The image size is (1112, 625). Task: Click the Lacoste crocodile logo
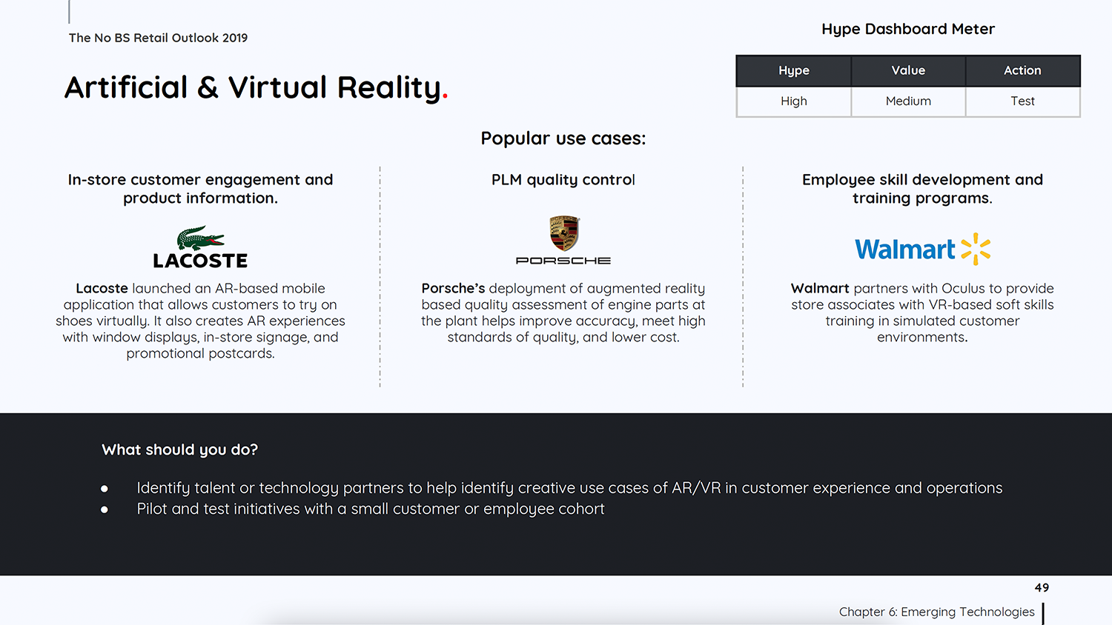point(201,238)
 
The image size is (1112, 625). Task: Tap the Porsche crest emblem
point(564,233)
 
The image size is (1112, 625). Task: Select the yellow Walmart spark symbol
point(976,249)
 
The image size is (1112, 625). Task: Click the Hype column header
point(794,70)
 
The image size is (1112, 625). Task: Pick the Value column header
point(908,70)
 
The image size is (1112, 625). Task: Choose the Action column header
point(1022,70)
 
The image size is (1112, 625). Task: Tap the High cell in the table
point(794,101)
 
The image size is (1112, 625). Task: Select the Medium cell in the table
point(908,101)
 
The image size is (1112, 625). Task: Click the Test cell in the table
point(1022,101)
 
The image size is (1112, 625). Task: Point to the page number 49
point(1042,588)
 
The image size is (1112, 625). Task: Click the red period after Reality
point(445,97)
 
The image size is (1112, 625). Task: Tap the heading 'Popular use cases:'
point(563,138)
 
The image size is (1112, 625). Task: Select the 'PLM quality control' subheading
point(563,179)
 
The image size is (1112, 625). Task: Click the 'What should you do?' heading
point(179,450)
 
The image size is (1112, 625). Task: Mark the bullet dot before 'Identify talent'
point(105,489)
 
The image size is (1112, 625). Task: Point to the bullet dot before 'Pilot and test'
point(105,509)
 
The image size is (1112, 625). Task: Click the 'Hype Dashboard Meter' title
point(908,30)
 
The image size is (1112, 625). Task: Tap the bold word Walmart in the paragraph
point(820,288)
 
